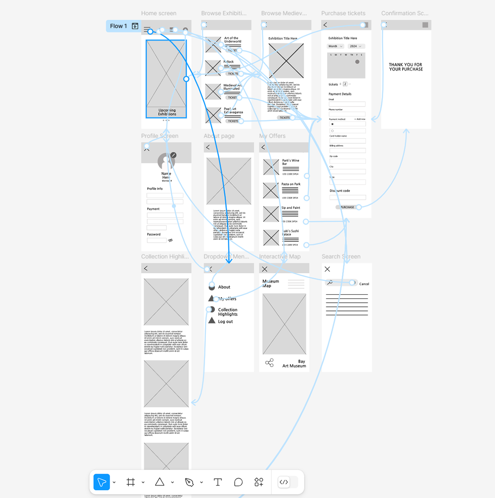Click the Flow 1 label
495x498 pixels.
tap(118, 26)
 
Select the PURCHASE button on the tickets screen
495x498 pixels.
tap(347, 207)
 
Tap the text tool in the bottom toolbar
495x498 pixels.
tap(218, 482)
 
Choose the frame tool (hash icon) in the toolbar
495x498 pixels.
tap(131, 482)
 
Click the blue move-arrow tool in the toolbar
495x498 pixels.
tap(101, 482)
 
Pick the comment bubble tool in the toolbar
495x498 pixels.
tap(238, 482)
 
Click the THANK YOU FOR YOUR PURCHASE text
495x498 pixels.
tap(406, 67)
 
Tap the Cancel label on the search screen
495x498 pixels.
tap(364, 284)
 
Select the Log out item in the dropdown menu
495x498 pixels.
tap(225, 322)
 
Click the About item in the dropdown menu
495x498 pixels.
tap(224, 287)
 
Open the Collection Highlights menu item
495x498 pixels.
tap(228, 312)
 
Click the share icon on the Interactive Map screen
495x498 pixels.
tap(269, 363)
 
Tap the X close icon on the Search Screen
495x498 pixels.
tap(327, 269)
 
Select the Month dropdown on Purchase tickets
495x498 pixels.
tap(335, 46)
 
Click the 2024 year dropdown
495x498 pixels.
tap(356, 46)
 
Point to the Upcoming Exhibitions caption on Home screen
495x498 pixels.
tap(167, 112)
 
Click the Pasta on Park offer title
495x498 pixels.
tap(291, 184)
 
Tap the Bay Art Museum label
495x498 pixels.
tap(295, 363)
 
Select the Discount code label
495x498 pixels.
tap(339, 191)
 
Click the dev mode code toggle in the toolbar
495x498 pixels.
tap(284, 482)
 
